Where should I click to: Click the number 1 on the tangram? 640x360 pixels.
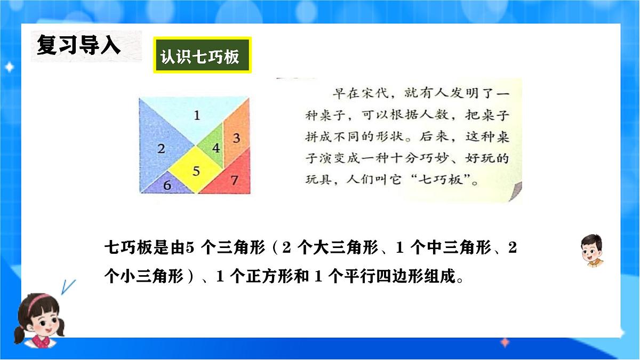197,115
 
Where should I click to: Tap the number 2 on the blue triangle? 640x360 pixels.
161,149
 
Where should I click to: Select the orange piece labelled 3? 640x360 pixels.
236,138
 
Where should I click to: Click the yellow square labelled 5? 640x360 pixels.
196,171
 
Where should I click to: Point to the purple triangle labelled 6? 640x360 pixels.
167,185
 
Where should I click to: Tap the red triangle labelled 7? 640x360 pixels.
234,180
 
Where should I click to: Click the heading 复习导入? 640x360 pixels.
79,46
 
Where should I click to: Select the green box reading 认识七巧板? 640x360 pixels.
202,55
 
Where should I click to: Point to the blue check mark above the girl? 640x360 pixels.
67,286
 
